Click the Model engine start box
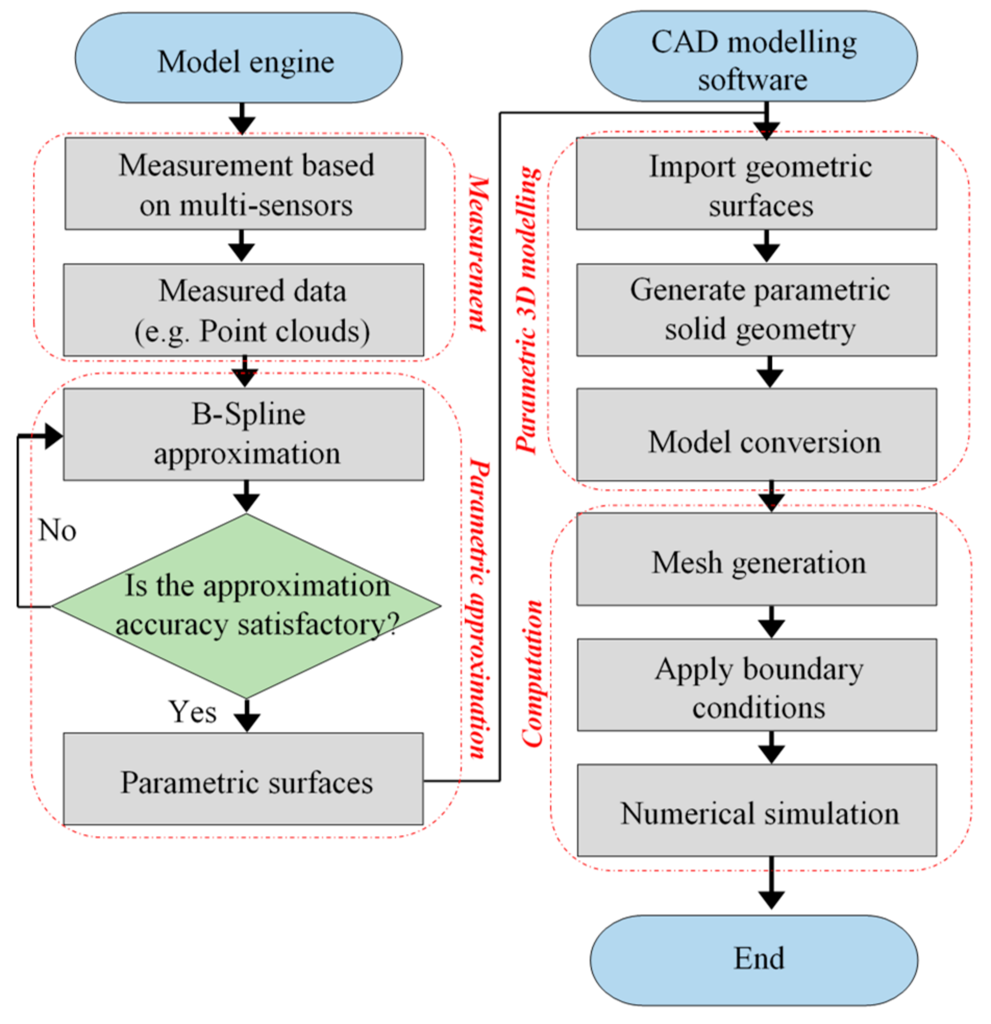pos(238,58)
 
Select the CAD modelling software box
pos(753,56)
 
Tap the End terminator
pos(753,959)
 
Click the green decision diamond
pos(246,606)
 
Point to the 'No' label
pos(57,530)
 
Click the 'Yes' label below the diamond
pos(192,711)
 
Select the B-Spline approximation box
pos(243,434)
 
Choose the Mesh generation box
pos(756,559)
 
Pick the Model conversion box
pos(756,435)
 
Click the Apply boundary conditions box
pos(757,684)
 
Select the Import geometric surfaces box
pos(756,183)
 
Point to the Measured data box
pos(243,310)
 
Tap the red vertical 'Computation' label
pos(533,674)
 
